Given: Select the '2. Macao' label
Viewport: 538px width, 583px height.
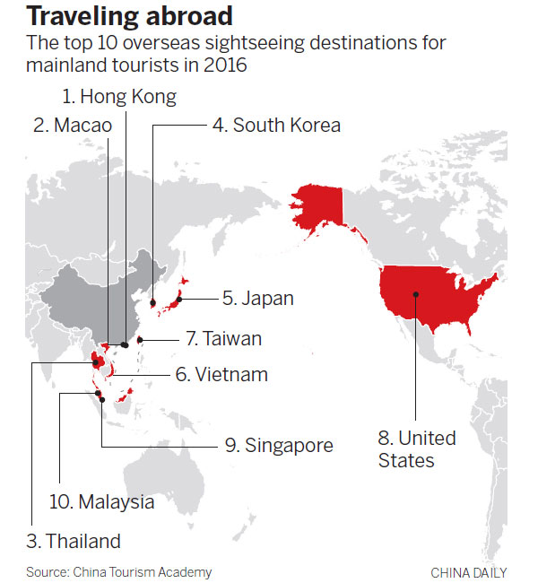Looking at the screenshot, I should click(73, 126).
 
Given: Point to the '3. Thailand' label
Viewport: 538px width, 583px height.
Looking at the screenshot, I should click(73, 541).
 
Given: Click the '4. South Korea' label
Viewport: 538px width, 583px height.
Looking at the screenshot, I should click(276, 126).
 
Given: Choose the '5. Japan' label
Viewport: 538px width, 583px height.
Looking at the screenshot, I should click(257, 298).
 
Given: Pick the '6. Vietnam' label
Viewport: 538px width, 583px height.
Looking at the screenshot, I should click(221, 374).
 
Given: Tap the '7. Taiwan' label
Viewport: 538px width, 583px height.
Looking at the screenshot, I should click(223, 339).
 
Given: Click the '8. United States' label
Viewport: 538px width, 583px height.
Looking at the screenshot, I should click(417, 449).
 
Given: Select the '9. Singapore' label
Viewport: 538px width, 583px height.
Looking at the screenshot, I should click(278, 445).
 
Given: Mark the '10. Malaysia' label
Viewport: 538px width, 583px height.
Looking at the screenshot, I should click(101, 501).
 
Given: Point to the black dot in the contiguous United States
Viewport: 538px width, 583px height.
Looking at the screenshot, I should click(415, 293).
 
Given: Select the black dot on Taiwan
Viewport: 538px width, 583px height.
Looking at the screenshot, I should click(139, 340).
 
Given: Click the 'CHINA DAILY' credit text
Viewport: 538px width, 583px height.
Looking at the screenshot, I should click(468, 572).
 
